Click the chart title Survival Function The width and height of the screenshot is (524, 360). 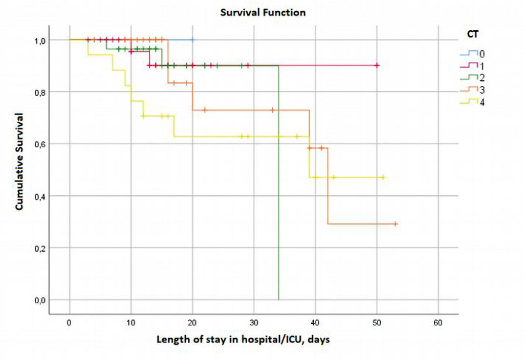coord(263,12)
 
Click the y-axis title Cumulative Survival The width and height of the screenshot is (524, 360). coord(19,162)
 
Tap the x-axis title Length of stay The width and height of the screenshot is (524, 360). coord(243,340)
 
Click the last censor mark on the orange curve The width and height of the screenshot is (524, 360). coord(395,224)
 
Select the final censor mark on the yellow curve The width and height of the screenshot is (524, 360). coord(383,177)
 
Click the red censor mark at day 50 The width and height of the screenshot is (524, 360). coord(377,65)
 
